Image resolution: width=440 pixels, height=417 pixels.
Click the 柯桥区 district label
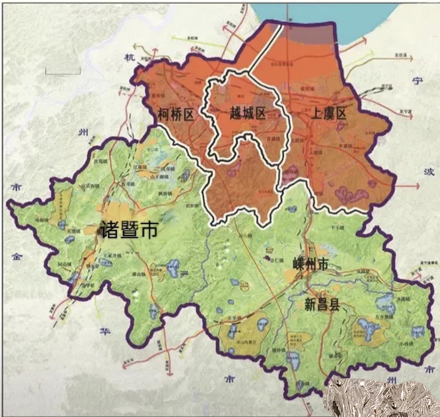(176, 114)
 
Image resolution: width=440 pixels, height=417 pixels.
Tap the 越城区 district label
(248, 113)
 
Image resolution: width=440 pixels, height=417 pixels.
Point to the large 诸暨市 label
(129, 230)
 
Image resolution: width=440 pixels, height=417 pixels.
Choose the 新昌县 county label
(322, 305)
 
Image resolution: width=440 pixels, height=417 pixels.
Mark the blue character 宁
(418, 81)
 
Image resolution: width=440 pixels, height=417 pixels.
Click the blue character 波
(428, 172)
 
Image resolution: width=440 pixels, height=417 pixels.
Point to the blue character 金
(17, 256)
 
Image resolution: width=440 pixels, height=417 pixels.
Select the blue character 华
(104, 331)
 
